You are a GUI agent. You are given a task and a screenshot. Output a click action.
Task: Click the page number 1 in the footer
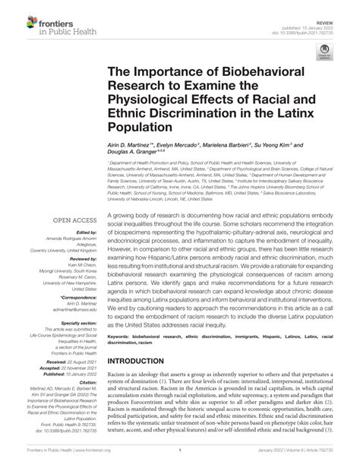pyautogui.click(x=180, y=462)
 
